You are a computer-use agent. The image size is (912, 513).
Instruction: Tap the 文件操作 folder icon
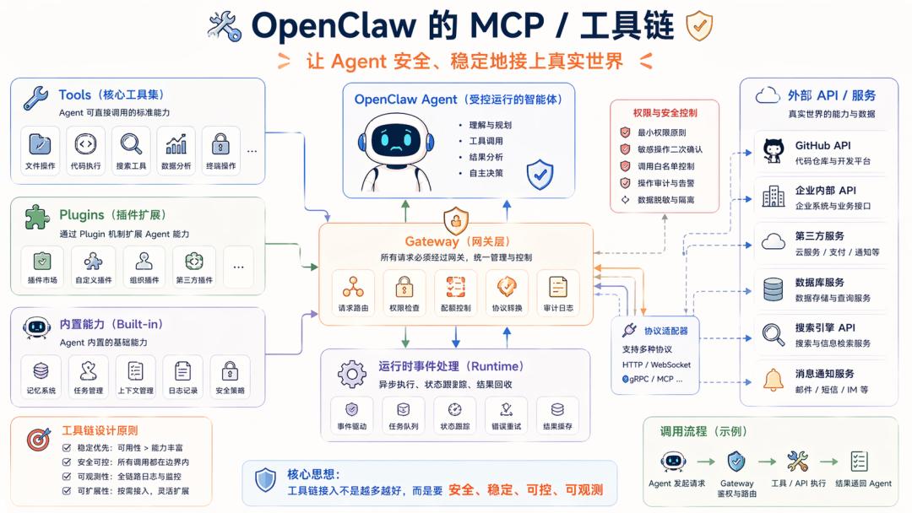pyautogui.click(x=40, y=143)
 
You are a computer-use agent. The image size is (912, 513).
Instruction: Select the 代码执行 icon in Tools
pyautogui.click(x=85, y=143)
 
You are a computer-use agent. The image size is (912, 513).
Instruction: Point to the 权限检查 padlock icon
pyautogui.click(x=404, y=286)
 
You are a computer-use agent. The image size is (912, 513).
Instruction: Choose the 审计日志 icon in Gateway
pyautogui.click(x=557, y=286)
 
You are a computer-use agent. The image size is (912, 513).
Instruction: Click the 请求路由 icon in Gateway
pyautogui.click(x=353, y=286)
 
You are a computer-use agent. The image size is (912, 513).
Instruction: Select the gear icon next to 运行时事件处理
pyautogui.click(x=351, y=373)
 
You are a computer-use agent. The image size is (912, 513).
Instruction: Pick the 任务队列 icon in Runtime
pyautogui.click(x=403, y=409)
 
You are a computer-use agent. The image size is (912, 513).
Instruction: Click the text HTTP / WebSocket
pyautogui.click(x=656, y=364)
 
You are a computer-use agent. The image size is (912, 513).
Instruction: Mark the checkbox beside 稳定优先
pyautogui.click(x=67, y=448)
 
